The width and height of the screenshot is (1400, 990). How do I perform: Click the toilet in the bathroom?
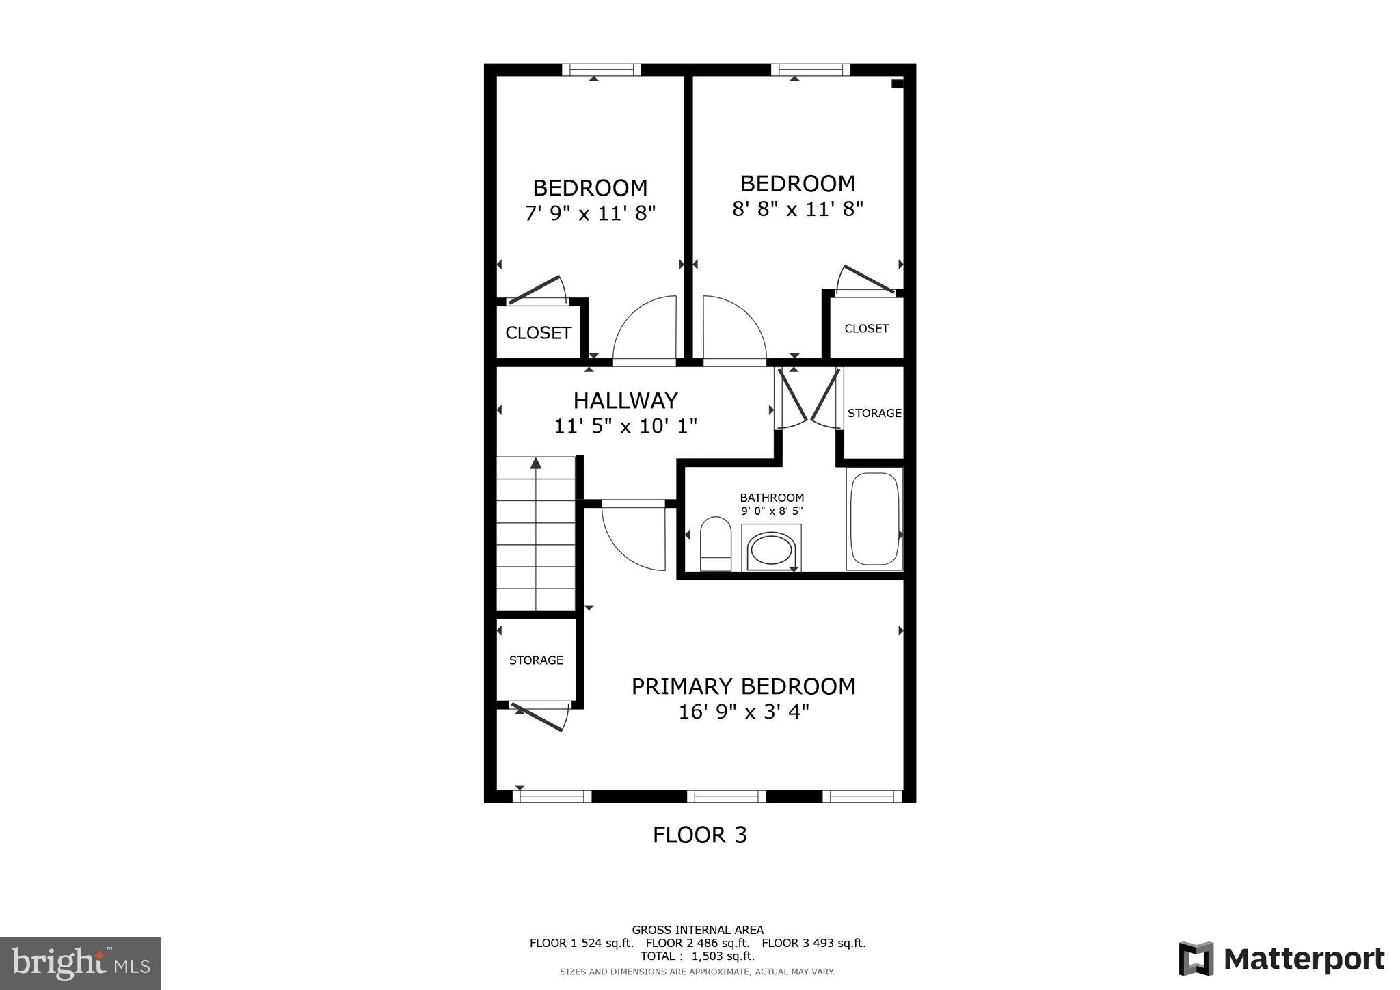pyautogui.click(x=716, y=544)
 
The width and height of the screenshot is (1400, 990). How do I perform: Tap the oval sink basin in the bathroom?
pyautogui.click(x=771, y=550)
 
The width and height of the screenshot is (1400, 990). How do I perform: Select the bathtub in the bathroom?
pyautogui.click(x=874, y=519)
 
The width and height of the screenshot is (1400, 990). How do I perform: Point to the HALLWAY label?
pyautogui.click(x=625, y=400)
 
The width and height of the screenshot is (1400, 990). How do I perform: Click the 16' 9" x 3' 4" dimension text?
pyautogui.click(x=743, y=712)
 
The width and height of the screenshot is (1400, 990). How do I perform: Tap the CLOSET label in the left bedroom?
pyautogui.click(x=538, y=333)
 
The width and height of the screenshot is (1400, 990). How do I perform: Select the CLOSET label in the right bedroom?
pyautogui.click(x=866, y=329)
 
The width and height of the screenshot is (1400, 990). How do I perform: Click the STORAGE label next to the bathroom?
pyautogui.click(x=874, y=413)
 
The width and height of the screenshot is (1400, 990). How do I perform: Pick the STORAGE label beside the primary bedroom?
pyautogui.click(x=536, y=660)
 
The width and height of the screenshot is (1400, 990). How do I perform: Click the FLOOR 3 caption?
pyautogui.click(x=699, y=835)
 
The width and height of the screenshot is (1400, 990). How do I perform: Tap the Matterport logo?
pyautogui.click(x=1281, y=959)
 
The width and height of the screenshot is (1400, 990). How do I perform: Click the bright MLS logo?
pyautogui.click(x=80, y=963)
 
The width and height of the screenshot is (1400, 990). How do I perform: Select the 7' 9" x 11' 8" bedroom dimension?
pyautogui.click(x=590, y=214)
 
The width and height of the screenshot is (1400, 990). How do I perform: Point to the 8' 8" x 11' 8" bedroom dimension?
pyautogui.click(x=798, y=209)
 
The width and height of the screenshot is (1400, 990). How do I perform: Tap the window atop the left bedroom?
pyautogui.click(x=602, y=69)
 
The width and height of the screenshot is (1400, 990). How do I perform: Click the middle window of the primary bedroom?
pyautogui.click(x=726, y=796)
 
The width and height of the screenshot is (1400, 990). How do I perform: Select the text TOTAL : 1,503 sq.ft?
pyautogui.click(x=697, y=956)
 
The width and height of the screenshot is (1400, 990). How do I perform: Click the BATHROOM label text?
pyautogui.click(x=772, y=498)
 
